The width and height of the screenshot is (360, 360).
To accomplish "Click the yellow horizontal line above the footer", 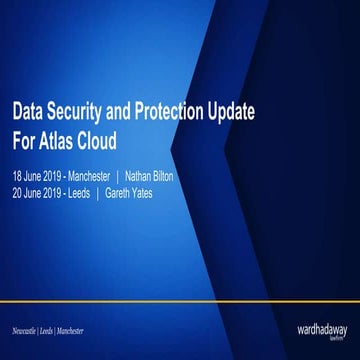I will click(x=180, y=299).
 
